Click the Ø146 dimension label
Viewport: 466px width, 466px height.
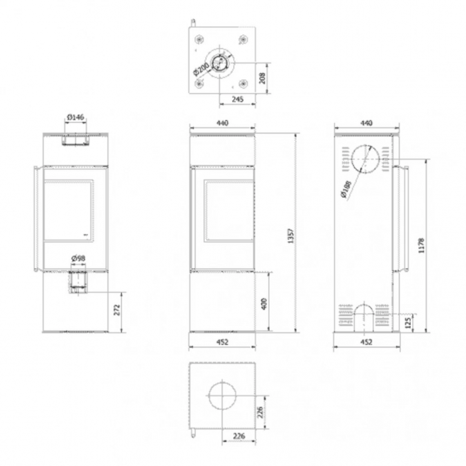coord(75,118)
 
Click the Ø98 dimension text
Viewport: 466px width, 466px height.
coord(77,258)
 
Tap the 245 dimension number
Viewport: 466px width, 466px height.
coord(237,99)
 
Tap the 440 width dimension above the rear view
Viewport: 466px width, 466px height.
coord(365,122)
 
